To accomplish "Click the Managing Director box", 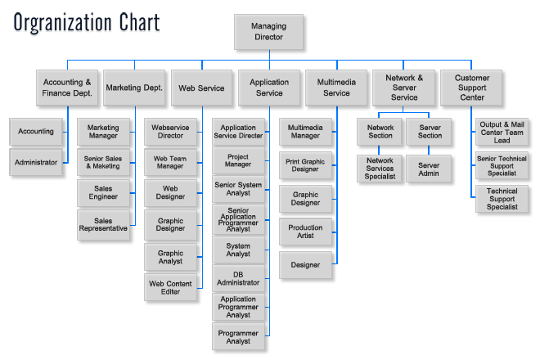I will click(269, 32).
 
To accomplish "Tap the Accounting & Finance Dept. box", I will click(67, 88).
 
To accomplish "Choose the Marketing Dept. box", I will click(134, 88).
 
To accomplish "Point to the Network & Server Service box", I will click(404, 88).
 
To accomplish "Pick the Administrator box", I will click(36, 162).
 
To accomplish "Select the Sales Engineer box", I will click(103, 193).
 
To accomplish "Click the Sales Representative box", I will click(103, 225).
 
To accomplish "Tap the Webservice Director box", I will click(171, 131).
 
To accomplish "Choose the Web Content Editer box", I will click(171, 288).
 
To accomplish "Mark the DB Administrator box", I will click(238, 278).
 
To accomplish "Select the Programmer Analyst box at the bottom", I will click(238, 337).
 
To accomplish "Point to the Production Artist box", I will click(305, 232).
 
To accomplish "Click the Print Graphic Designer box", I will click(305, 166).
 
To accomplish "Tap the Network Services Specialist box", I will click(380, 169).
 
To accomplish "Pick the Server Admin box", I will click(429, 169).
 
